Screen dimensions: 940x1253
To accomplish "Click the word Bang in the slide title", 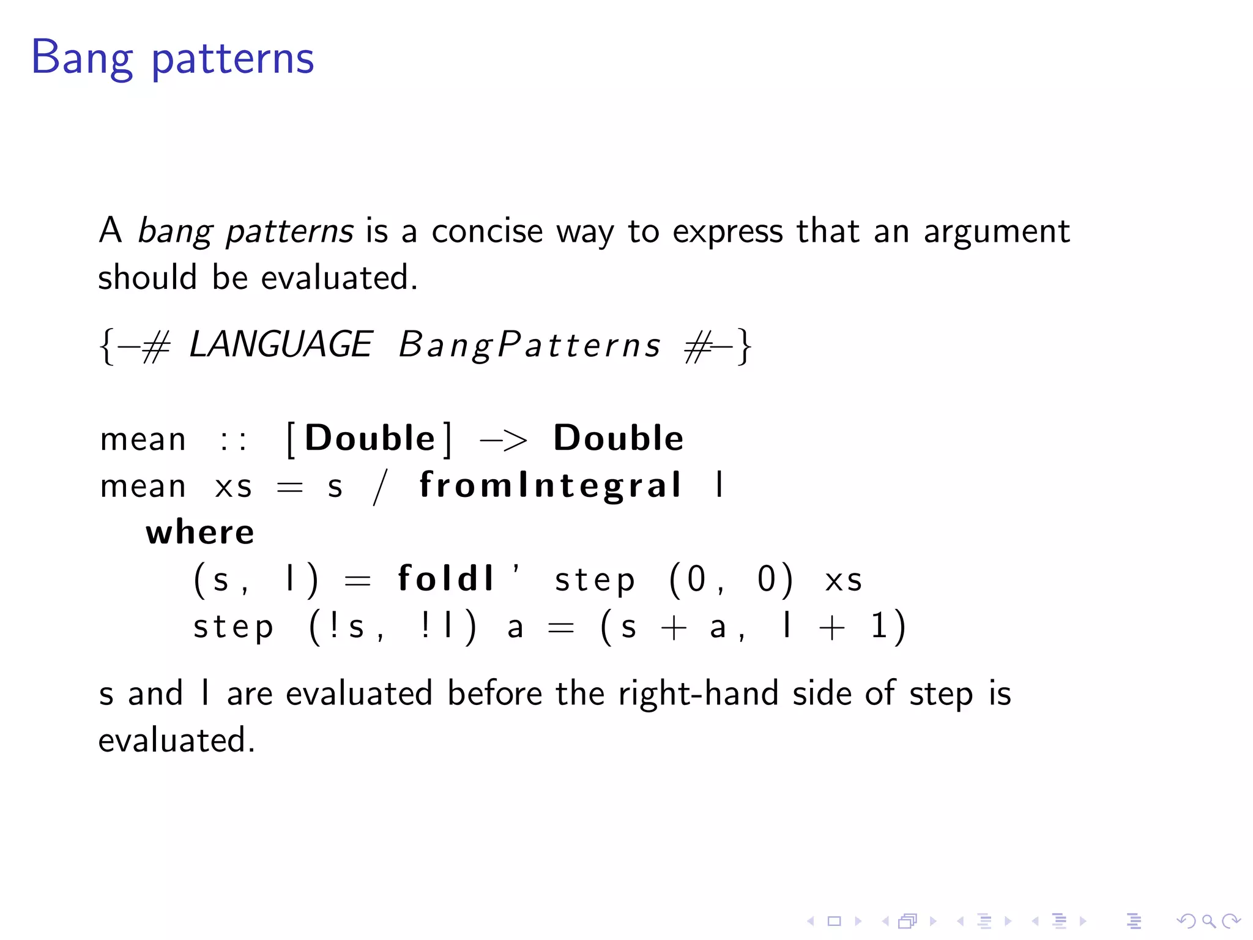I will coord(81,59).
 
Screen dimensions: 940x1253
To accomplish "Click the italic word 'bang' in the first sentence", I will coord(175,231).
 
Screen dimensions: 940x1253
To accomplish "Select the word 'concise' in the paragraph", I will coord(487,231).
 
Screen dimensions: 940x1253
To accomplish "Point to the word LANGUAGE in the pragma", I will coord(280,345).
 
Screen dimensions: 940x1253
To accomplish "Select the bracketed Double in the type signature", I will coord(370,439).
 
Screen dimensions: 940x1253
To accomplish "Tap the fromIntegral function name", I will coord(550,486).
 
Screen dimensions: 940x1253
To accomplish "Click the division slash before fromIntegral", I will coord(381,487).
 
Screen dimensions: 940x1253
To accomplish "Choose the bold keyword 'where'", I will coord(199,532).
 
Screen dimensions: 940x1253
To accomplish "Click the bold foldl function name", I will coord(445,578).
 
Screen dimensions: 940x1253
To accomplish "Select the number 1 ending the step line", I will coord(879,626).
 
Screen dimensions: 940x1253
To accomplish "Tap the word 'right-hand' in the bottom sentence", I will coord(697,694).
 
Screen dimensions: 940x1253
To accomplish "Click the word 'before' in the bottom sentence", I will coord(494,694).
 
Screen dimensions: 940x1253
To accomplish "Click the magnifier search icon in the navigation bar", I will coord(1208,921).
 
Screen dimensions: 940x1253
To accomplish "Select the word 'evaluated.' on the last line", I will coord(176,740).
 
